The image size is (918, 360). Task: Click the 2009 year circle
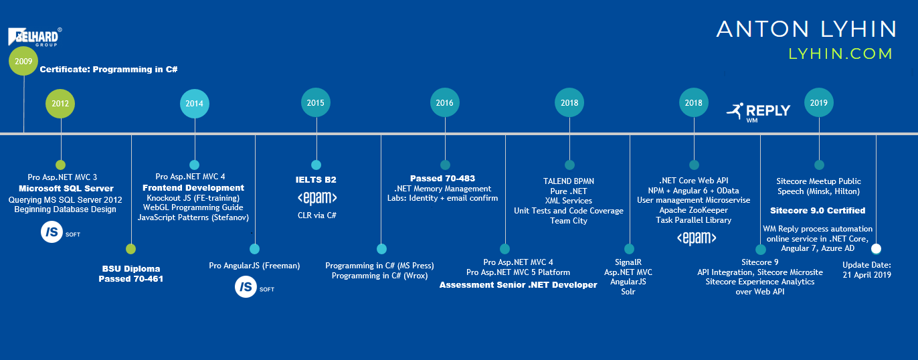tap(23, 61)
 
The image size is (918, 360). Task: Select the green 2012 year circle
tap(61, 103)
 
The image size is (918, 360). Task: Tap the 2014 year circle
tap(194, 103)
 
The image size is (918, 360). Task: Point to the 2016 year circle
tap(444, 102)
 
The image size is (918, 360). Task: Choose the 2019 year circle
tap(818, 102)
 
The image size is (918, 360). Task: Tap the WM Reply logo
tap(758, 111)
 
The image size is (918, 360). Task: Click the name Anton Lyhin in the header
tap(806, 29)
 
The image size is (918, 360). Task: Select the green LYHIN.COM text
tap(840, 54)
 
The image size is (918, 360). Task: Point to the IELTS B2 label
tap(316, 180)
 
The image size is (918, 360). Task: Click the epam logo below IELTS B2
tap(316, 198)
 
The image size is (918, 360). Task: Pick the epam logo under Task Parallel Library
tap(697, 238)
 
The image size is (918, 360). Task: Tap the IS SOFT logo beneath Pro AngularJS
tap(254, 288)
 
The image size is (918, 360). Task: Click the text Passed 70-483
tap(442, 179)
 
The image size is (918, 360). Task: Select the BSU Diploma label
tap(131, 269)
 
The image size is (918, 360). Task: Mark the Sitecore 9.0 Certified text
tap(818, 211)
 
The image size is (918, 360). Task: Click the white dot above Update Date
tap(876, 248)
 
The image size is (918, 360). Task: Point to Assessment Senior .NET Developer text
tap(518, 285)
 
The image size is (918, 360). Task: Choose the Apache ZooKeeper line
tap(693, 210)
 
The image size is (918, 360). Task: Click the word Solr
tap(628, 292)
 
